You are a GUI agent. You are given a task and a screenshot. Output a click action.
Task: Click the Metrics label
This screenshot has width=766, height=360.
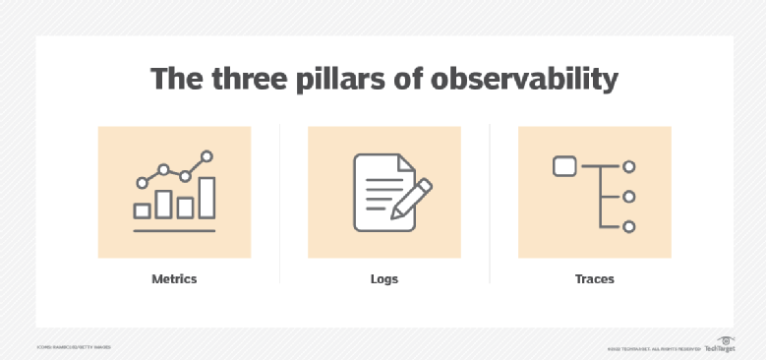click(174, 279)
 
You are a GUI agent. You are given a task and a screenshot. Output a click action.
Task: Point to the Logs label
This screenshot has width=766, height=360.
click(384, 279)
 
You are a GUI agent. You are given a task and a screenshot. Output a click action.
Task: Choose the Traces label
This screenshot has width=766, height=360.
click(594, 279)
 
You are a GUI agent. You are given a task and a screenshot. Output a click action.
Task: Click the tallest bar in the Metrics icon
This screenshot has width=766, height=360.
click(206, 198)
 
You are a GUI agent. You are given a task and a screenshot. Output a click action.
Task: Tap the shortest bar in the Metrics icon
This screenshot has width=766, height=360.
click(142, 210)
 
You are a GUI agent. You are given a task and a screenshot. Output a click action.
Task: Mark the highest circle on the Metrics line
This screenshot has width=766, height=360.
click(206, 155)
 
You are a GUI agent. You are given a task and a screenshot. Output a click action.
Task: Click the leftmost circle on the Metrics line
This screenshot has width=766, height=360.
click(142, 182)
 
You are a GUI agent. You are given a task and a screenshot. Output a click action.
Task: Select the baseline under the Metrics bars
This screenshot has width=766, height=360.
click(174, 229)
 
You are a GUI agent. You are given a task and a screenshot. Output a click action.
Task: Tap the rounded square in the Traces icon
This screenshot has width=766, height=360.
click(564, 167)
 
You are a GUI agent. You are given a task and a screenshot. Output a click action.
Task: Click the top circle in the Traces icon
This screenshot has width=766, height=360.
click(629, 167)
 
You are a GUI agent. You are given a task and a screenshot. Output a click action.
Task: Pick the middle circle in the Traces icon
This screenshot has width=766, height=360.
click(629, 197)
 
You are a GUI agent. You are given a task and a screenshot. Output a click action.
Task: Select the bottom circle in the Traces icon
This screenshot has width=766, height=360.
click(629, 226)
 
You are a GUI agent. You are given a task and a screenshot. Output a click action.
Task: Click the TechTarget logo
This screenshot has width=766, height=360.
click(720, 346)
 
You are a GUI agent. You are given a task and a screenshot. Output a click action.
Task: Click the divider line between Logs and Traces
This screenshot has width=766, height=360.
click(490, 203)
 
